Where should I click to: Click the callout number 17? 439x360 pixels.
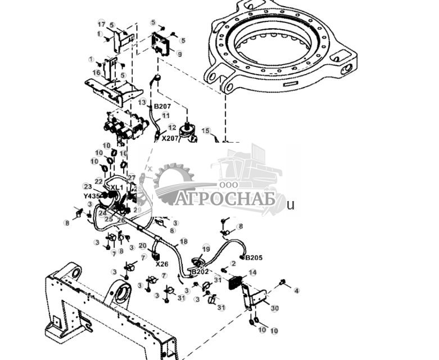[x=101, y=24]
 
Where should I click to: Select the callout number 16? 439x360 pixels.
[x=97, y=72]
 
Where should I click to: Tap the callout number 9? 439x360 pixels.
[x=179, y=54]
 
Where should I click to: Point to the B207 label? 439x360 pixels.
[x=162, y=106]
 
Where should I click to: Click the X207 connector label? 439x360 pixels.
[x=170, y=138]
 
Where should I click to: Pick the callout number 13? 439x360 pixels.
[x=142, y=102]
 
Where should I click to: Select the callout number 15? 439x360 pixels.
[x=206, y=131]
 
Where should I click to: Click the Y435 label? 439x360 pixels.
[x=92, y=196]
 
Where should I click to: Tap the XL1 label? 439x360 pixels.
[x=116, y=188]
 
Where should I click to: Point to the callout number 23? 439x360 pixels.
[x=87, y=186]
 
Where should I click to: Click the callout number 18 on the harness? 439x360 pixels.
[x=183, y=241]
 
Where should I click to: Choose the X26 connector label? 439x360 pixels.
[x=162, y=264]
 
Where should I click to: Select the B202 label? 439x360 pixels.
[x=200, y=272]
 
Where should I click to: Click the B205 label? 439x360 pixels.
[x=254, y=258]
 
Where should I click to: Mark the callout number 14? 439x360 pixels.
[x=252, y=272]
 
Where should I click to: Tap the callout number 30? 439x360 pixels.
[x=274, y=308]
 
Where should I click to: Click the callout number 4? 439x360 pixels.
[x=297, y=290]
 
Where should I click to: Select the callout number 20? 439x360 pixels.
[x=142, y=245]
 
